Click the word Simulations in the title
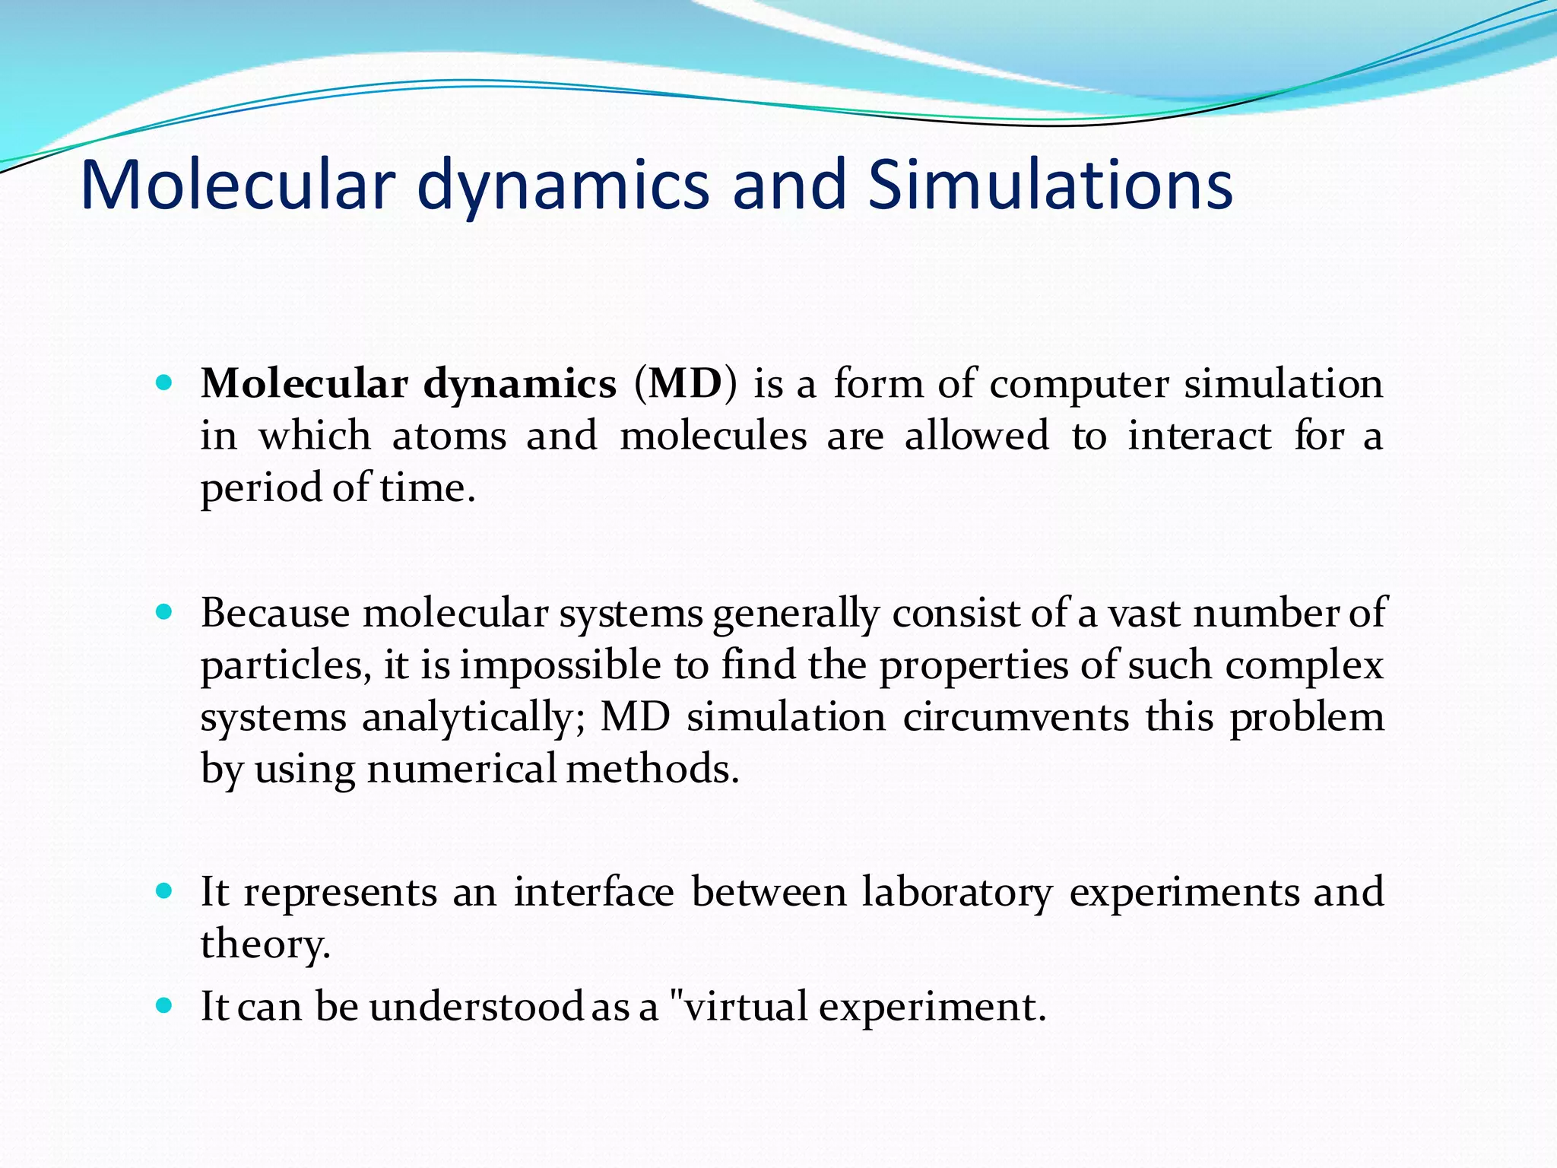[1050, 185]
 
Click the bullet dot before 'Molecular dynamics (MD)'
[163, 382]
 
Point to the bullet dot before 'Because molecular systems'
[163, 611]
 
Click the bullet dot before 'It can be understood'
[163, 1005]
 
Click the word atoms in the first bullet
[449, 436]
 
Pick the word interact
[1199, 436]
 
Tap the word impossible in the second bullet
[560, 665]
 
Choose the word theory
[265, 944]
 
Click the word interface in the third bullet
[594, 893]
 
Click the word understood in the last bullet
[477, 1007]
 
